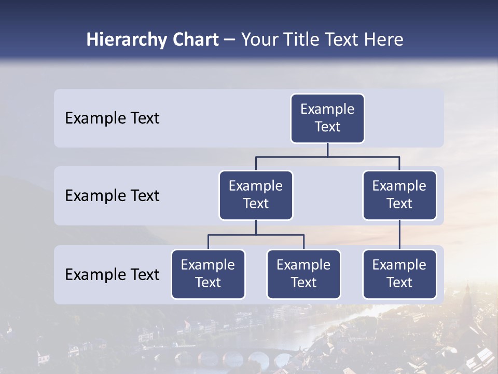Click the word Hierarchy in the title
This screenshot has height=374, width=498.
tap(120, 40)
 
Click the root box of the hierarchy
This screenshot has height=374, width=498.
tap(327, 118)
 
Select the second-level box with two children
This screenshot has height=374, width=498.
tap(256, 195)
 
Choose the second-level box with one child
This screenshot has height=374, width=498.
tap(399, 195)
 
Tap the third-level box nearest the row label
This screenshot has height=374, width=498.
tap(208, 274)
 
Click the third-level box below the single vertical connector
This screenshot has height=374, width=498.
tap(399, 274)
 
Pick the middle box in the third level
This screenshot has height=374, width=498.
tap(303, 274)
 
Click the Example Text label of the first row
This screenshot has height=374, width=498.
tap(112, 118)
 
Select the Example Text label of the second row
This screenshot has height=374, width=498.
tap(112, 196)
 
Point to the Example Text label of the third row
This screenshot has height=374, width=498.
tap(112, 274)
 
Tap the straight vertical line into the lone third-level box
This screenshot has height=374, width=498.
tap(399, 235)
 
